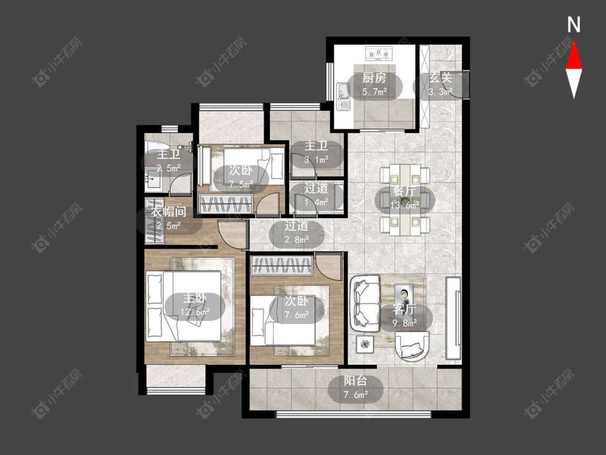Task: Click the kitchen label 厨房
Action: [x=374, y=78]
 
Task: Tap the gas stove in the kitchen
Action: [x=379, y=53]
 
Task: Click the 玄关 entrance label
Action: [x=441, y=78]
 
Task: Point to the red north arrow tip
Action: [x=574, y=42]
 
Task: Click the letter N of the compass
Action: [x=574, y=24]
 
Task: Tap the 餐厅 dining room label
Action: [x=405, y=191]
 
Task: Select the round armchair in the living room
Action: [x=413, y=346]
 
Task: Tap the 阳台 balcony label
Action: [x=356, y=381]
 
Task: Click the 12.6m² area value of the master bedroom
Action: [x=195, y=312]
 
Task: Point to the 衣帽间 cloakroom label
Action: [x=169, y=212]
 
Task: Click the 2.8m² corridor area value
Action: [x=297, y=239]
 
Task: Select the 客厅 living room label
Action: [x=405, y=309]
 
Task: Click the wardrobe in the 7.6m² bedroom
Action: [x=281, y=266]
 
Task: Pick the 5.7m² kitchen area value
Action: [x=374, y=92]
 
